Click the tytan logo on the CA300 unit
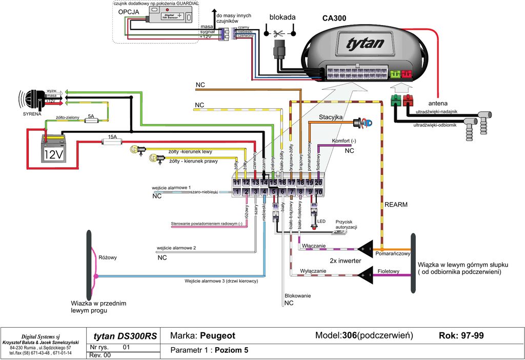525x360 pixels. coord(365,44)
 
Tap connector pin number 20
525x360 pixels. coord(318,182)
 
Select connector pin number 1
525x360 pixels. coord(237,192)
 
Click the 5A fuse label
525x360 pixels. coord(91,116)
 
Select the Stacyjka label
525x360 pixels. coord(331,117)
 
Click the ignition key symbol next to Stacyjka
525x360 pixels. coord(364,123)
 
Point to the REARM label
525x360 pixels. coord(396,205)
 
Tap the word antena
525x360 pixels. coord(445,103)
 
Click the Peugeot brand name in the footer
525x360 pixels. coord(217,336)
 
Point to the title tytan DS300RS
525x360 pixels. coord(125,336)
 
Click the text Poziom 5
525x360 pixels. coord(231,350)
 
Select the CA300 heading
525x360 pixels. coord(334,18)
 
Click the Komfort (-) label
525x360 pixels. coord(344,141)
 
